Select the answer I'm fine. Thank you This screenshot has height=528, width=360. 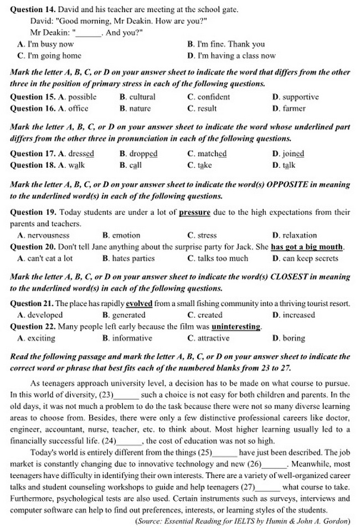click(x=231, y=44)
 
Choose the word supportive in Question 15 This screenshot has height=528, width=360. click(x=300, y=97)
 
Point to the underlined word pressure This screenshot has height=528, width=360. click(x=194, y=212)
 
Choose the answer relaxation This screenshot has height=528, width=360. click(x=299, y=235)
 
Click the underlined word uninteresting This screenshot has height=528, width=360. click(x=236, y=327)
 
